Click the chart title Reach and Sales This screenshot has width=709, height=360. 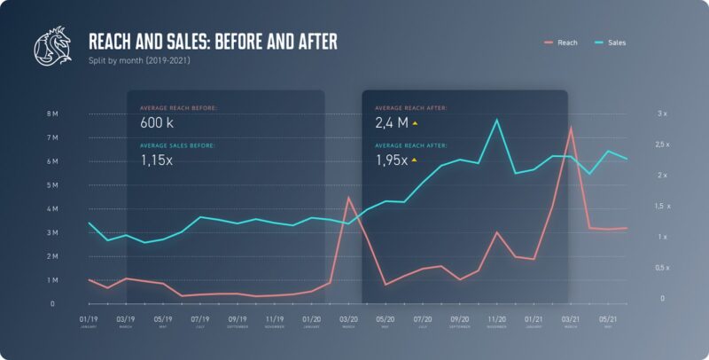pyautogui.click(x=213, y=42)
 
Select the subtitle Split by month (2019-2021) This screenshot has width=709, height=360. pyautogui.click(x=138, y=61)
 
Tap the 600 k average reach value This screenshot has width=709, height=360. pyautogui.click(x=158, y=122)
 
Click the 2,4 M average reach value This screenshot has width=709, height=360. pyautogui.click(x=391, y=122)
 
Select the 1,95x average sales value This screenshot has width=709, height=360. pyautogui.click(x=392, y=160)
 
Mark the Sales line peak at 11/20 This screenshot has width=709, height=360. pyautogui.click(x=496, y=120)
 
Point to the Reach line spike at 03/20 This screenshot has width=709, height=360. pyautogui.click(x=348, y=197)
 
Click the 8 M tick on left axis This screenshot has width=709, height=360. pyautogui.click(x=52, y=114)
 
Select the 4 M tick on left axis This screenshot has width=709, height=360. pyautogui.click(x=52, y=209)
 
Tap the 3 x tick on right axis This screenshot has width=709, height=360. pyautogui.click(x=662, y=114)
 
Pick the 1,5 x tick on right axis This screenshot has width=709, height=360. pyautogui.click(x=662, y=206)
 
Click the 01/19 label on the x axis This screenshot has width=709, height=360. pyautogui.click(x=89, y=318)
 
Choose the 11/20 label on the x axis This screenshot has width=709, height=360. pyautogui.click(x=496, y=318)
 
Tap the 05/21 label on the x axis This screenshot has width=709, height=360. pyautogui.click(x=607, y=318)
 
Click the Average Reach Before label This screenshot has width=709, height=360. pyautogui.click(x=178, y=107)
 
